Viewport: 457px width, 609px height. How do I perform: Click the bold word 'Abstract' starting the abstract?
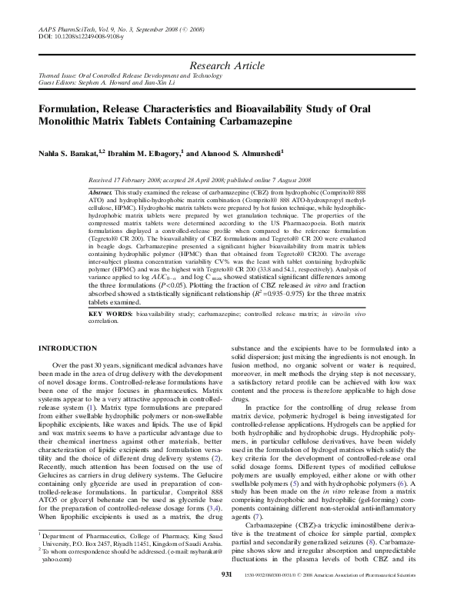(101, 189)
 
